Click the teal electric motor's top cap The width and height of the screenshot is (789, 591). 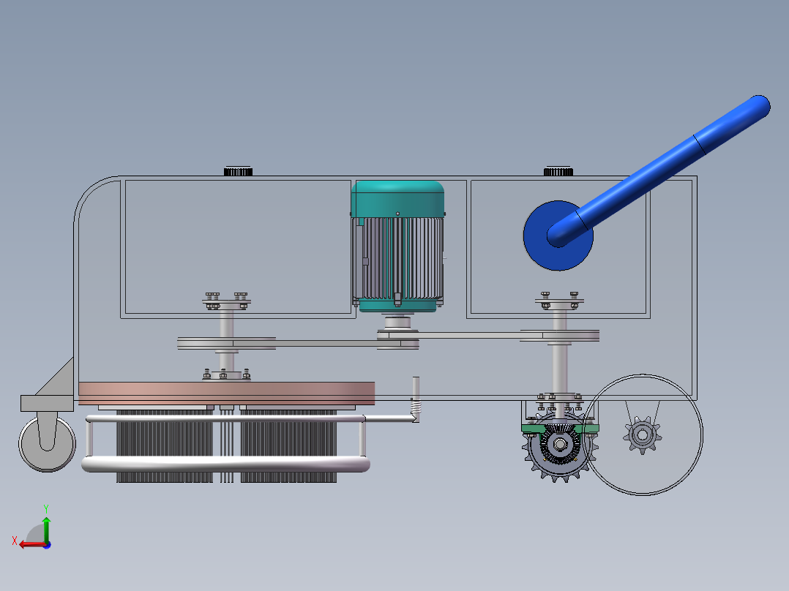coord(397,199)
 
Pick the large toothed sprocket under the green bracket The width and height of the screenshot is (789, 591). coord(559,445)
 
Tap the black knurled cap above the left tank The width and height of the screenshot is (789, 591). coord(238,171)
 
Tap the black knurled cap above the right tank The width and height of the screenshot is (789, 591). coord(558,171)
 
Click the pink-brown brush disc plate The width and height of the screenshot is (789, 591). coord(226,393)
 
